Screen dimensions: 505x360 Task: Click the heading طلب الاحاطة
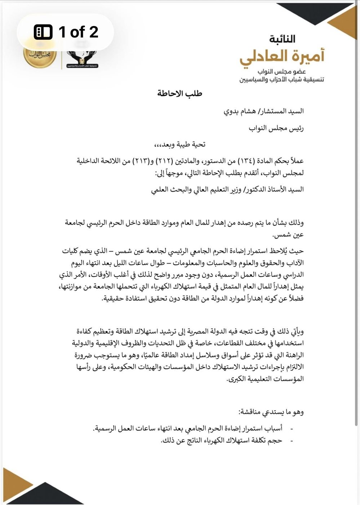coord(180,94)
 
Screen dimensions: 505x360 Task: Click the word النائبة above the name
coord(282,39)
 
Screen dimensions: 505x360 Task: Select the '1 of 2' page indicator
coord(66,32)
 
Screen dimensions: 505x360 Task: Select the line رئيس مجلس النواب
coord(276,128)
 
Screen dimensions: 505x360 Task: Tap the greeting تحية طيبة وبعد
coord(180,145)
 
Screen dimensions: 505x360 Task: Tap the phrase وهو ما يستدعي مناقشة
coord(271,412)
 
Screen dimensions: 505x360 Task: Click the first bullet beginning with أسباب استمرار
coord(187,429)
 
